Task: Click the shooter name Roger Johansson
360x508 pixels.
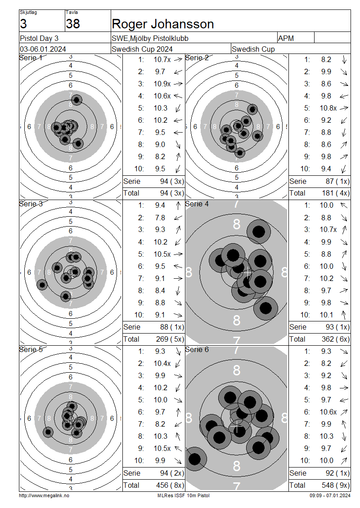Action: [x=163, y=24]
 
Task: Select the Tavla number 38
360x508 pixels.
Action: [x=73, y=24]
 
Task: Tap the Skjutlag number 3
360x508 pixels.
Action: [x=23, y=24]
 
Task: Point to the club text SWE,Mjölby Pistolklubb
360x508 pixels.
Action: [x=150, y=38]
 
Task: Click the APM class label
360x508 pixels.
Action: [x=286, y=38]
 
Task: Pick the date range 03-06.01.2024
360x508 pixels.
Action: [x=43, y=49]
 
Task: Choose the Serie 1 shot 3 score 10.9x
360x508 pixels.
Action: [x=162, y=84]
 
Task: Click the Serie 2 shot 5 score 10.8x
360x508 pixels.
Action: [x=328, y=108]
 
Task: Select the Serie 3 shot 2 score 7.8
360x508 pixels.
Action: [x=160, y=218]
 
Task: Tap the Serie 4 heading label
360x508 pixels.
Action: [x=197, y=204]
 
